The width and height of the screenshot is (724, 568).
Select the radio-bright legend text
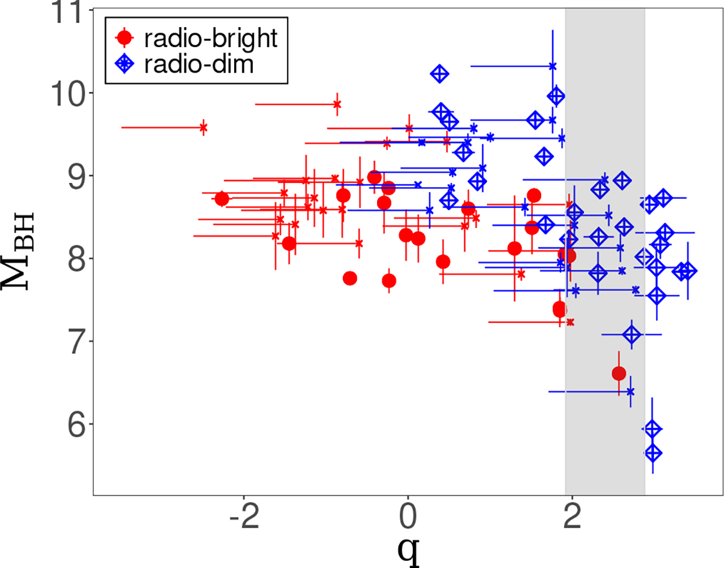211,38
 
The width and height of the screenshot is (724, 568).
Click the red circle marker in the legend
124,38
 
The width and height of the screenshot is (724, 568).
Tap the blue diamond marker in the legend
124,64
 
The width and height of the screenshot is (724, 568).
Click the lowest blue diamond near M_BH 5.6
653,453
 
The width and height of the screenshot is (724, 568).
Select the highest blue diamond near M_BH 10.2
439,74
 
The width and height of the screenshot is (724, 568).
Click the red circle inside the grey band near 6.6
618,374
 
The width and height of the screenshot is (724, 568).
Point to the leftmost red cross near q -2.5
203,127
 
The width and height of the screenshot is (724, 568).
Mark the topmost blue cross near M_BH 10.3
552,66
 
